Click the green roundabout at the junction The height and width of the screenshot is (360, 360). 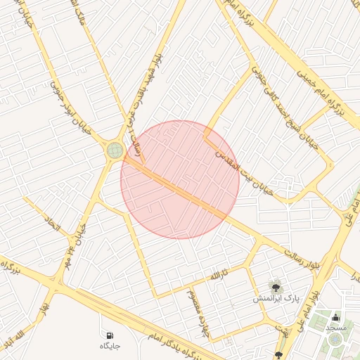click(115, 150)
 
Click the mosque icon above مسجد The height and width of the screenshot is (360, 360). click(335, 316)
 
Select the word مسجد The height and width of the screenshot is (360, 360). click(335, 328)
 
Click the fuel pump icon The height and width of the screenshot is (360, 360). click(110, 335)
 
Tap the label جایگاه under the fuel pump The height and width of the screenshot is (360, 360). click(110, 346)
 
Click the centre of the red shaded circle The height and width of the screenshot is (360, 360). click(180, 179)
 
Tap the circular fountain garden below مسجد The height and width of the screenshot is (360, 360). click(335, 340)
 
